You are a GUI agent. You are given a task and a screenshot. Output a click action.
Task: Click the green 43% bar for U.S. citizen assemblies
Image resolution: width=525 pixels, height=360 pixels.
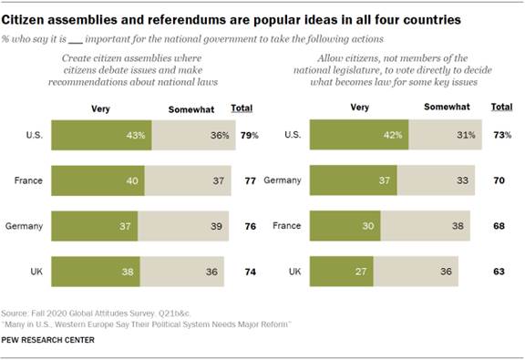(99, 136)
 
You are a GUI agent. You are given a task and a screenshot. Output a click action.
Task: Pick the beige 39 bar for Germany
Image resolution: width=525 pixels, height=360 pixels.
(182, 225)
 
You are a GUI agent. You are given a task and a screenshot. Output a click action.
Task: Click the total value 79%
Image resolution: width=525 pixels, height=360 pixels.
(250, 136)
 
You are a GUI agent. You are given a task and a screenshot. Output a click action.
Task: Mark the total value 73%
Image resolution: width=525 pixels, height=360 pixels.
(500, 136)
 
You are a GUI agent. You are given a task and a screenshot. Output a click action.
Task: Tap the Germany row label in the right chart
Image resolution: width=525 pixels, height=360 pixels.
(282, 180)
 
